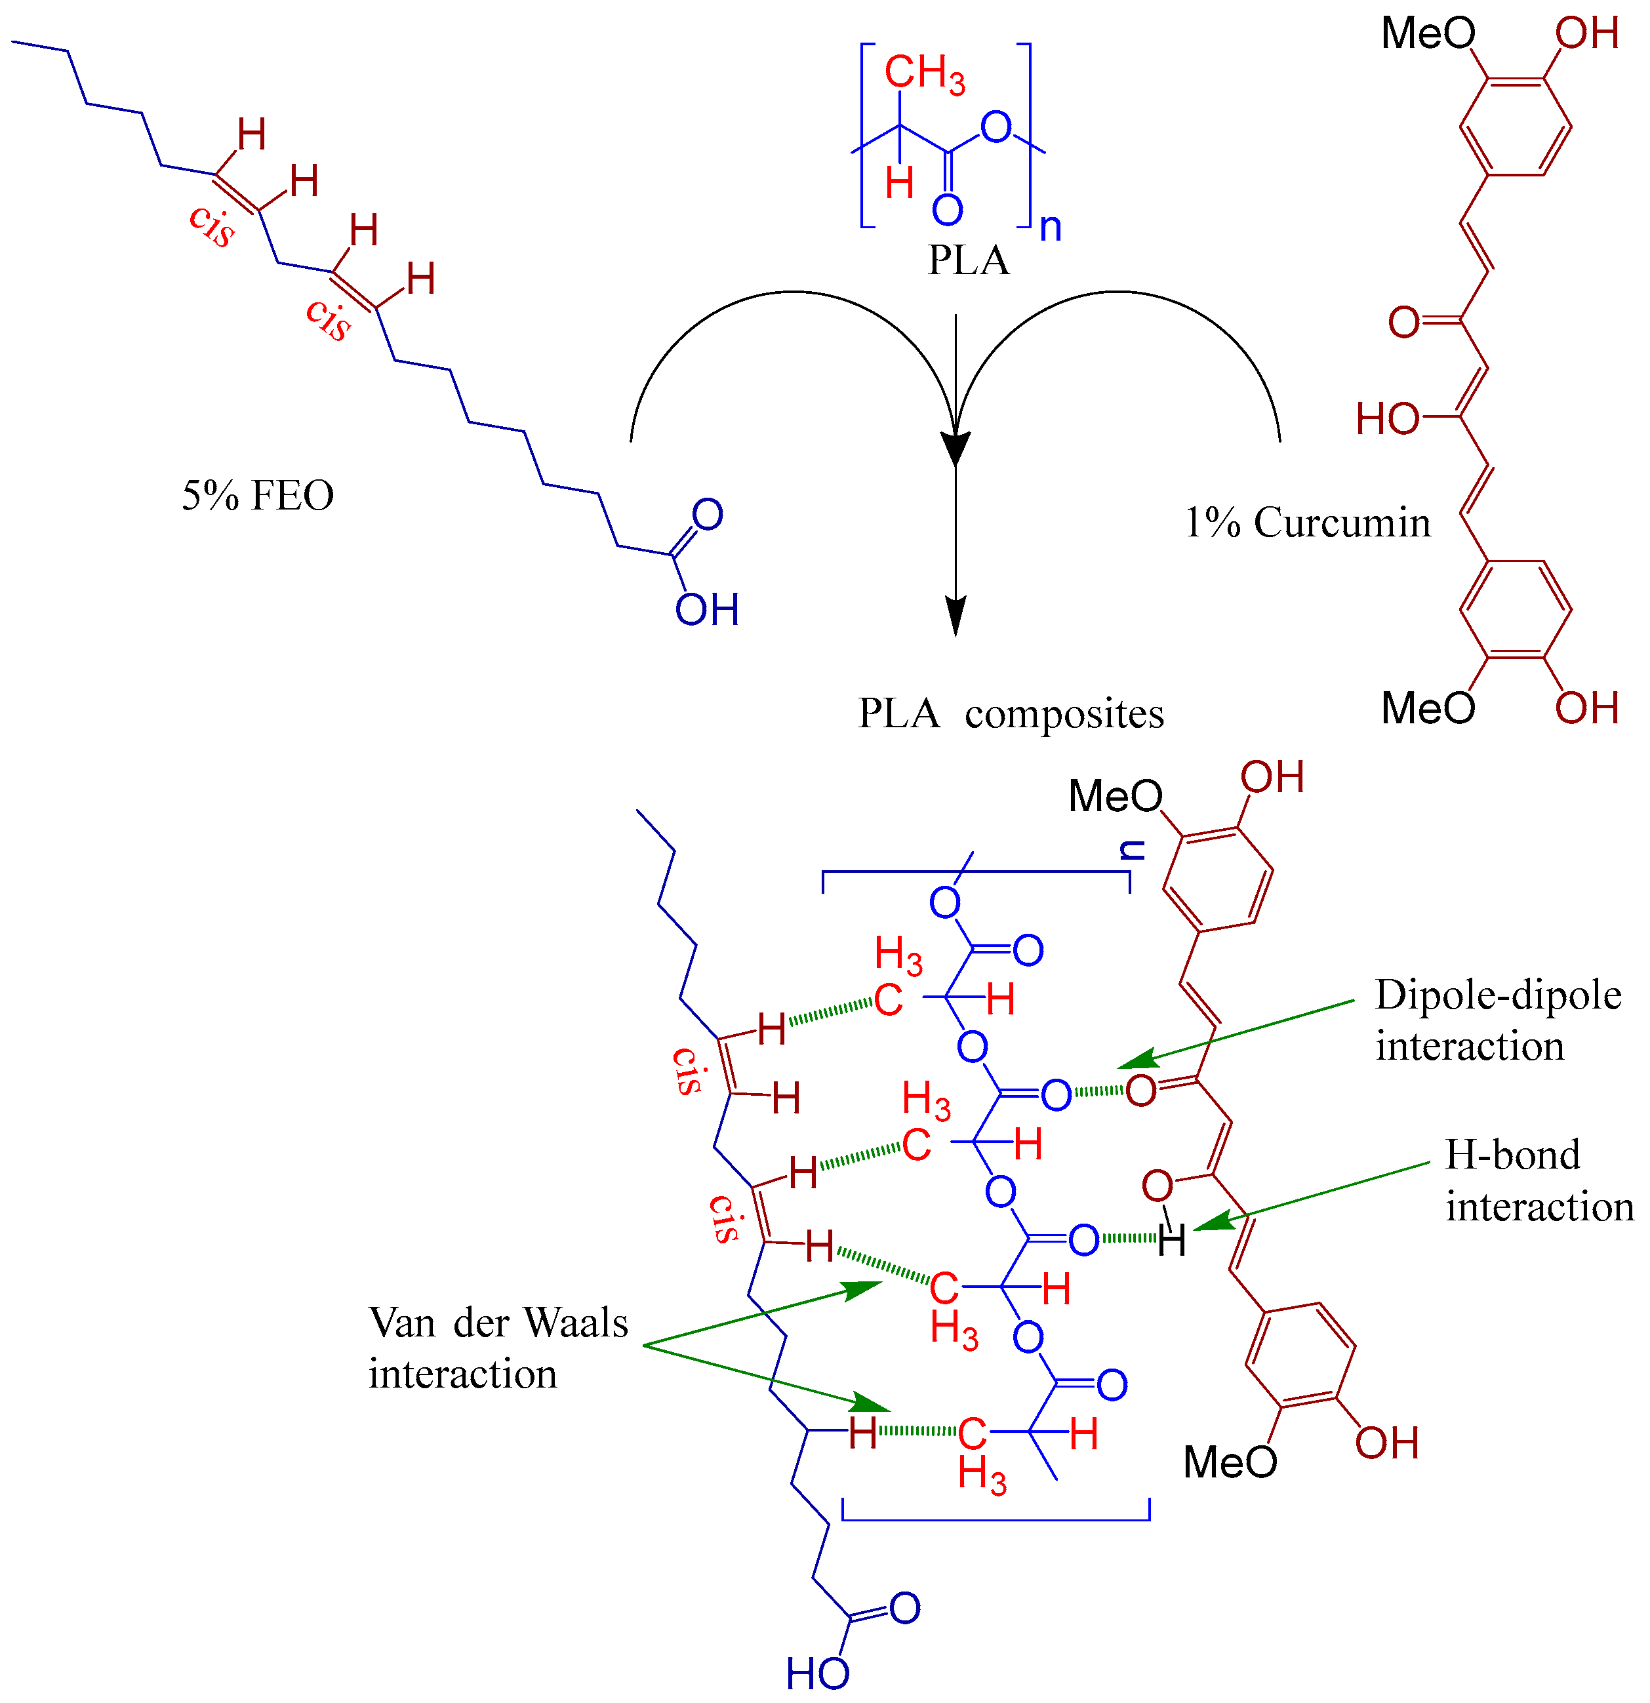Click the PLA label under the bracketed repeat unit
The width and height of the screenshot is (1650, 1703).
[x=968, y=261]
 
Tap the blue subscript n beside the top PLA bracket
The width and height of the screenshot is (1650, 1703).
[x=1051, y=228]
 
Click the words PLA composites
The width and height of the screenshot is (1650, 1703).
[x=1011, y=714]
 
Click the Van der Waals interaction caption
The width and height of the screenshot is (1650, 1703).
[x=497, y=1348]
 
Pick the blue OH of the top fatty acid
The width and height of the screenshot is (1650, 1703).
[x=706, y=610]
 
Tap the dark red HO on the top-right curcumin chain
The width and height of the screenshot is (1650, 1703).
[x=1388, y=420]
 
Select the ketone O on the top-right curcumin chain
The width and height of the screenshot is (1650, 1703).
[x=1403, y=323]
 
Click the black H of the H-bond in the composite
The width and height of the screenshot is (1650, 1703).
[x=1171, y=1241]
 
